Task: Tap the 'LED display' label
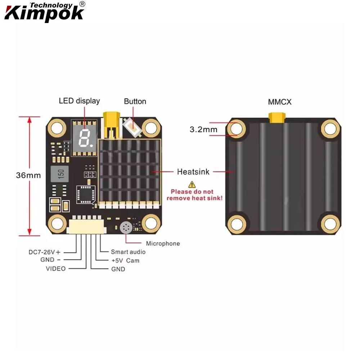coord(79,101)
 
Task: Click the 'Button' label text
coord(135,102)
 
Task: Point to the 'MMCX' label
coord(280,102)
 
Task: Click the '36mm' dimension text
coord(28,176)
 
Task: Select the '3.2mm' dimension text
coord(203,129)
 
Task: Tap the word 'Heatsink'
coord(193,172)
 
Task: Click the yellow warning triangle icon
coord(192,184)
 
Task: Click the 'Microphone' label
coord(163,244)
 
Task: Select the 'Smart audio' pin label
coord(128,252)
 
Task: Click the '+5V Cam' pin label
coord(125,260)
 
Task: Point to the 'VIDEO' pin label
coord(56,269)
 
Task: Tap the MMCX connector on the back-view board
coord(276,117)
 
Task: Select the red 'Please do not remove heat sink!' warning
coord(194,195)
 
